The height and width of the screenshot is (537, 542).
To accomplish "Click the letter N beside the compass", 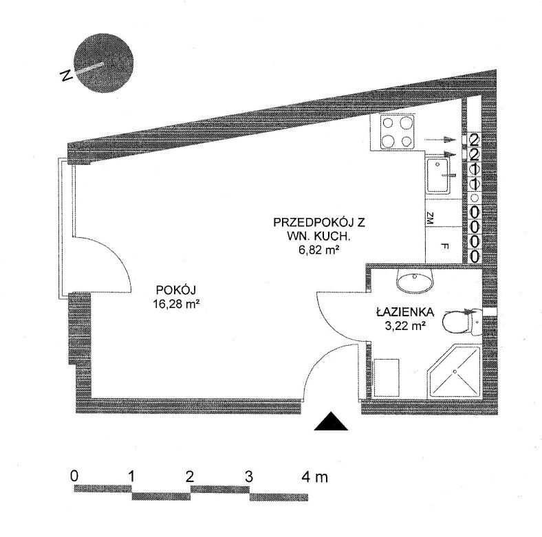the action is (x=65, y=76).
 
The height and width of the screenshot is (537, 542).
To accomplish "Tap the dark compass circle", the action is (x=104, y=63).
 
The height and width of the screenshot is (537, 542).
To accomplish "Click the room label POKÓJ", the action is (x=176, y=289).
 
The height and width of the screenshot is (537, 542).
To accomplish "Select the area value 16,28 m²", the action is (x=176, y=304).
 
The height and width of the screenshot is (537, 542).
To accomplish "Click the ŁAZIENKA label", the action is (x=404, y=311).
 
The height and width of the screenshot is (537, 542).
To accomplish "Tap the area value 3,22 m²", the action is (x=404, y=325).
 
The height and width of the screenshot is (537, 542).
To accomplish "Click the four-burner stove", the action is (x=397, y=132).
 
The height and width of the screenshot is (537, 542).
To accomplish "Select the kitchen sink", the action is (x=438, y=175).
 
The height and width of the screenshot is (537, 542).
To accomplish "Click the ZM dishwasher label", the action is (x=430, y=219).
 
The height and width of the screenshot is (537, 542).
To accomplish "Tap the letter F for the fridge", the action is (x=445, y=246).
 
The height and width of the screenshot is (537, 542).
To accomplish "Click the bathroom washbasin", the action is (x=414, y=281).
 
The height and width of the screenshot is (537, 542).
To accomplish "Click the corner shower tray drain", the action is (x=455, y=371).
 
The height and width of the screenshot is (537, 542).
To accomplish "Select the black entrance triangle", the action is (x=331, y=421).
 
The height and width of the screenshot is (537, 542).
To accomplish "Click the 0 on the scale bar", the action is (x=74, y=476).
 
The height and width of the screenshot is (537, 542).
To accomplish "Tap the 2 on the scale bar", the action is (x=189, y=477).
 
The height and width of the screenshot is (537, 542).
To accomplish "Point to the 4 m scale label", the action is (x=315, y=477).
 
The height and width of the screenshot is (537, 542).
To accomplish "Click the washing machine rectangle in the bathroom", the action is (x=387, y=377).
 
